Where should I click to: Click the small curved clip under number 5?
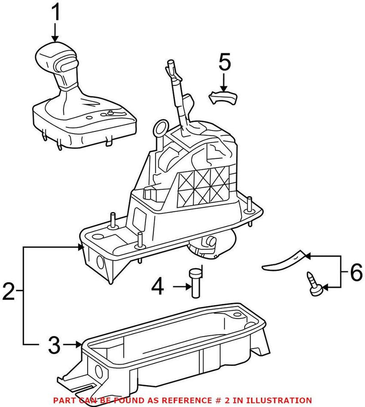pos(224,97)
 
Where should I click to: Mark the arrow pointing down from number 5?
pos(224,83)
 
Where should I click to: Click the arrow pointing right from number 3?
pos(73,344)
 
